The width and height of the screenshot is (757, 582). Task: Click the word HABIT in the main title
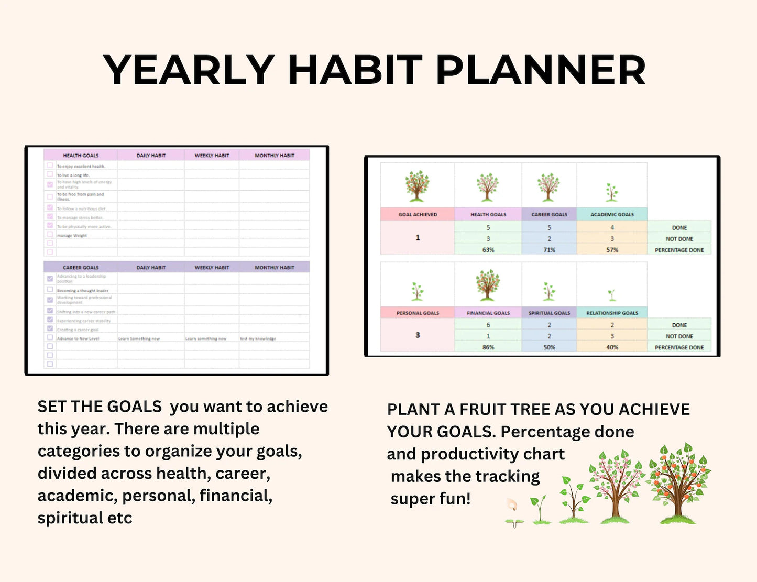pyautogui.click(x=355, y=70)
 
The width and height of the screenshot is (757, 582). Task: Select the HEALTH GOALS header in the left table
pyautogui.click(x=81, y=156)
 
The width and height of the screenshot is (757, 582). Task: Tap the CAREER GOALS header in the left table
pyautogui.click(x=81, y=268)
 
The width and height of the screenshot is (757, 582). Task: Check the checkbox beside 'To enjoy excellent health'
pyautogui.click(x=50, y=166)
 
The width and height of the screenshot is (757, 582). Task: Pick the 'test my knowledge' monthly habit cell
pyautogui.click(x=258, y=339)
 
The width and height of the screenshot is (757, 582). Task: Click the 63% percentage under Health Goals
pyautogui.click(x=488, y=250)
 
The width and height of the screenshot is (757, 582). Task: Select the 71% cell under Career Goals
pyautogui.click(x=549, y=250)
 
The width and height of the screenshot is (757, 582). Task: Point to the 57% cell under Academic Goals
pyautogui.click(x=612, y=250)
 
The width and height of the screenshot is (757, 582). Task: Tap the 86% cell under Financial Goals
pyautogui.click(x=488, y=347)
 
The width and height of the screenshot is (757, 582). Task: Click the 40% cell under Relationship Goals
pyautogui.click(x=612, y=347)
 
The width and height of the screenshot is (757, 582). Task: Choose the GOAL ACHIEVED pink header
pyautogui.click(x=418, y=214)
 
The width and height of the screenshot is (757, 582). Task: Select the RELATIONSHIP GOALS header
pyautogui.click(x=612, y=313)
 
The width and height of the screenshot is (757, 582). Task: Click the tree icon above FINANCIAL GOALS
pyautogui.click(x=488, y=285)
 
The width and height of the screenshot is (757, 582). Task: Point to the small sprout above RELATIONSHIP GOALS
pyautogui.click(x=611, y=295)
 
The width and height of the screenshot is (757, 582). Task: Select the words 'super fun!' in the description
pyautogui.click(x=431, y=499)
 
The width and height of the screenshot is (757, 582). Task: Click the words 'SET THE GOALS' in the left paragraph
pyautogui.click(x=100, y=407)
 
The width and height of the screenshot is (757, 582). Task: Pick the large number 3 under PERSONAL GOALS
pyautogui.click(x=418, y=335)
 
